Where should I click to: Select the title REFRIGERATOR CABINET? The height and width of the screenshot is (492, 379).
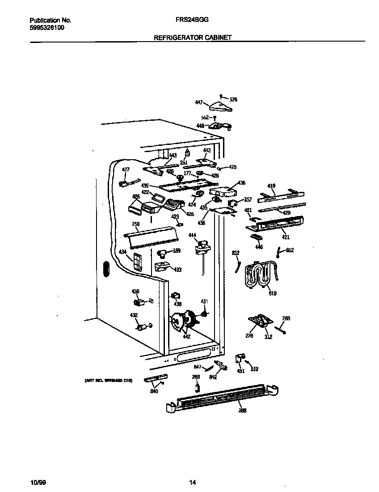[193, 38]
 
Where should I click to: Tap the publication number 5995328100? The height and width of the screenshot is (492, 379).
[47, 28]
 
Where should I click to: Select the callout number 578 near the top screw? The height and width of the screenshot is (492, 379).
[233, 99]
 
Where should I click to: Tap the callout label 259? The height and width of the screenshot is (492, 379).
[123, 224]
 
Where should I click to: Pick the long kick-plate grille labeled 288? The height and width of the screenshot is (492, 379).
[223, 396]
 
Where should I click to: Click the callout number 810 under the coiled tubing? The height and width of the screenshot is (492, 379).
[272, 293]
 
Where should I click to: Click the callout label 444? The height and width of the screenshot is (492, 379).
[192, 235]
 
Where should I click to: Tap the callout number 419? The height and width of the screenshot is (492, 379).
[271, 186]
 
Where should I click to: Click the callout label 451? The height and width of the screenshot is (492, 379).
[241, 371]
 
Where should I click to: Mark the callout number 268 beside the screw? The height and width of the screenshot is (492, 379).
[286, 318]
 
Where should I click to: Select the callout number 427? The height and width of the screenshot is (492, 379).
[126, 170]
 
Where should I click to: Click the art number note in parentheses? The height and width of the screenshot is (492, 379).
[108, 381]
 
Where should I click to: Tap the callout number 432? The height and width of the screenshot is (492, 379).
[134, 315]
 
